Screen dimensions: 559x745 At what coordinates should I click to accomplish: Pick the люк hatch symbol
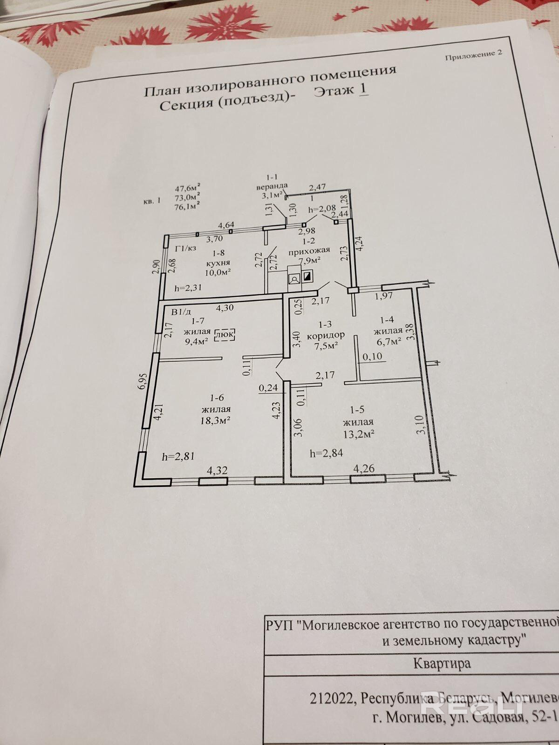(225, 335)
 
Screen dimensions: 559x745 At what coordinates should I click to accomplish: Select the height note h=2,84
(327, 453)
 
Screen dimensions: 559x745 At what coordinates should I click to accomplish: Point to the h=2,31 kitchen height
(188, 288)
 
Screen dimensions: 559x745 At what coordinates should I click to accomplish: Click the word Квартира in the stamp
(442, 663)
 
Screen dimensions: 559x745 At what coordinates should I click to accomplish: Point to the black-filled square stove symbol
(308, 278)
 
